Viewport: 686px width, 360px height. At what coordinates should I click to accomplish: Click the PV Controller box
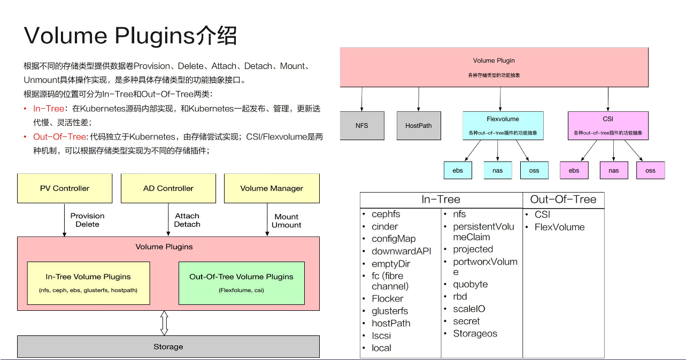65,188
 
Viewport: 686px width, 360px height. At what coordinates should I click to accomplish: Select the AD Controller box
168,188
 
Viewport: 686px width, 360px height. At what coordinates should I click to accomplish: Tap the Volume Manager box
272,188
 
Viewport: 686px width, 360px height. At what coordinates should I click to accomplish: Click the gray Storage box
168,347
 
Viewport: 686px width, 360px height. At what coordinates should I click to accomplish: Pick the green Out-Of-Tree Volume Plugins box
241,283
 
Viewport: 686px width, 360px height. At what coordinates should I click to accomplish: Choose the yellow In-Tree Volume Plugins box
88,283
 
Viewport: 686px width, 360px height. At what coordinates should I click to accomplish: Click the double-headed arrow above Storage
164,323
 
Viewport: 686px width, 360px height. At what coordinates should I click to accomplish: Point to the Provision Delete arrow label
87,220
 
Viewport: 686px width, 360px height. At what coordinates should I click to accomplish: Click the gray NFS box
362,126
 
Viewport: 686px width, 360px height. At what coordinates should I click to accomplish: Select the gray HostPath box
419,126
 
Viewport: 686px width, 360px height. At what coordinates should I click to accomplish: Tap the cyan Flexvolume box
503,126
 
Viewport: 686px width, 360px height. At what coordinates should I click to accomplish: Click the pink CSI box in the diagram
608,126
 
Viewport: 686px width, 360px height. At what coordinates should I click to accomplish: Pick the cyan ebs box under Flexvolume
458,171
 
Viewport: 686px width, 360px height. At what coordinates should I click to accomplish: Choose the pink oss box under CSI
650,171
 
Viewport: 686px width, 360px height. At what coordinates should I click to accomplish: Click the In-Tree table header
441,200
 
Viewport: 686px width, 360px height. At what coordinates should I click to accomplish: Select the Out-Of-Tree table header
563,200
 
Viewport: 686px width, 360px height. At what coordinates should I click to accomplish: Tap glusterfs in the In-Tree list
390,311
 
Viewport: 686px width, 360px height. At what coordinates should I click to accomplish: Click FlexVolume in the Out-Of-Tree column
559,227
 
